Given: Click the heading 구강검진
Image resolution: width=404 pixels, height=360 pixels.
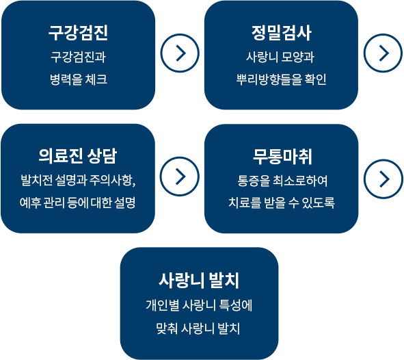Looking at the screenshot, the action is pos(78,33).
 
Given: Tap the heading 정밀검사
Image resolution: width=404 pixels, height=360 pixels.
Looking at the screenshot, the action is pos(282,33).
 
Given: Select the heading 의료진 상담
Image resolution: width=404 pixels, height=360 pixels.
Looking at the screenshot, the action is pos(78,156).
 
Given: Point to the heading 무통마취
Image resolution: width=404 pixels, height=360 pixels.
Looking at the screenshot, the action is pos(282,157).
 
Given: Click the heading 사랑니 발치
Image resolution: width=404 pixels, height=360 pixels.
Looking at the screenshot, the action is pos(199,281).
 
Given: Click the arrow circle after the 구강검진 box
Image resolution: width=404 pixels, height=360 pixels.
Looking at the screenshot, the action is pos(180,53).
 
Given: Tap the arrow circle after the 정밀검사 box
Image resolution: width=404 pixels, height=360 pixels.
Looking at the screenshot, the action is pos(383,53).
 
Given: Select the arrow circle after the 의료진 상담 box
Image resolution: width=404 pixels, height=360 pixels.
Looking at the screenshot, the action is pos(180,177).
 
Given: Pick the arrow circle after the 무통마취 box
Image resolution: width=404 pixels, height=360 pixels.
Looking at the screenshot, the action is pos(383,179).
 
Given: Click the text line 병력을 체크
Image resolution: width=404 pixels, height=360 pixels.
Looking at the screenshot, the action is pos(79,79).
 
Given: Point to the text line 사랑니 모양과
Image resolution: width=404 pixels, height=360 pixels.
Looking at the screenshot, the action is pos(280,57).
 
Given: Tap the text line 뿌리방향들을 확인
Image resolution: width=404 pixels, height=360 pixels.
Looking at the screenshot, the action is pos(282,79).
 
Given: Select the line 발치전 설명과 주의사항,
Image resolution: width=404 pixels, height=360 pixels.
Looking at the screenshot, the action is pos(78,180).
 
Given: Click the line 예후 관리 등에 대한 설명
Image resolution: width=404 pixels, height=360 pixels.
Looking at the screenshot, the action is pos(77,203).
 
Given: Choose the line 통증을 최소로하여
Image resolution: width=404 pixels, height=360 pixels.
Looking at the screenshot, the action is pos(282,181).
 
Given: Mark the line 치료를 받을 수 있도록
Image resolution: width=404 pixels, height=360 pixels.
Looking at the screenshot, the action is pos(282,203).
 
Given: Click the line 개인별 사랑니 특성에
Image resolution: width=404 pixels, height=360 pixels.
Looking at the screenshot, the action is pos(199,305).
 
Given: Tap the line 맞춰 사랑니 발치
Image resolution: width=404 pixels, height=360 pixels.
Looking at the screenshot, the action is pos(198,329).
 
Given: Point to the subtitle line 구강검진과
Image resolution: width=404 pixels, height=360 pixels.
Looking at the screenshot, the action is pos(78,57).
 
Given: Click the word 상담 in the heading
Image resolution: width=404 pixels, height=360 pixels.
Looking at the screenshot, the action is pos(102,156).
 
